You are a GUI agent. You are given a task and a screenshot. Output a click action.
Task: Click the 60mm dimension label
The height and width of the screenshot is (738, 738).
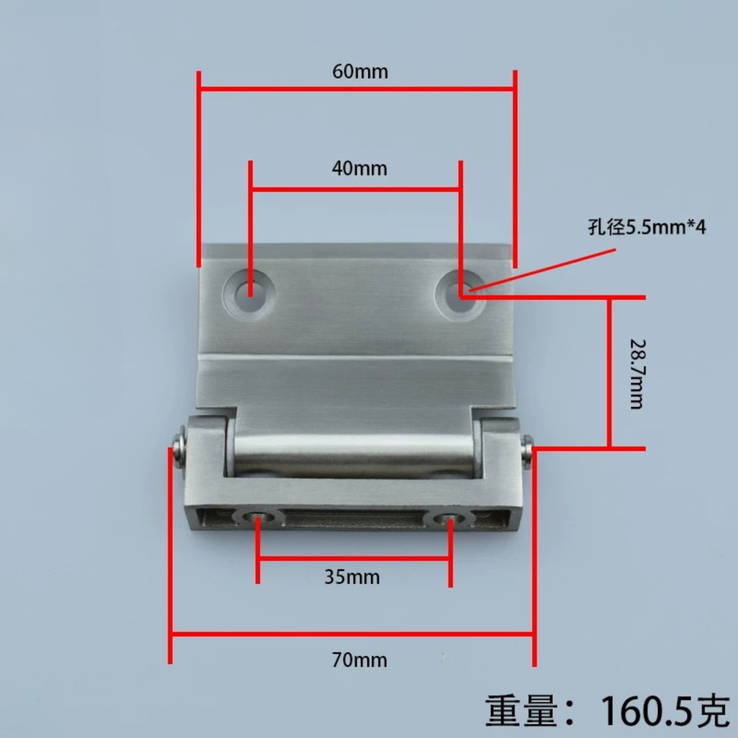(360, 72)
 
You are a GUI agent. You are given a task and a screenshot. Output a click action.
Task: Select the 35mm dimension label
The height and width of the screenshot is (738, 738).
(352, 577)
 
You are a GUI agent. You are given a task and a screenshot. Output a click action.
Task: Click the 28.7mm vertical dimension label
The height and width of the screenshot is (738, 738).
(636, 373)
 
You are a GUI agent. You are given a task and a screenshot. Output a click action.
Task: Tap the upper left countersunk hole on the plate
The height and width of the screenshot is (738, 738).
(249, 296)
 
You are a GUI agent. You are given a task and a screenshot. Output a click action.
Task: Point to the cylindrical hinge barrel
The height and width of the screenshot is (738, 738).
(353, 454)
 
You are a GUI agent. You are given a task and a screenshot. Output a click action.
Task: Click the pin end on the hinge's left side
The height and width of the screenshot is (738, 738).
(179, 446)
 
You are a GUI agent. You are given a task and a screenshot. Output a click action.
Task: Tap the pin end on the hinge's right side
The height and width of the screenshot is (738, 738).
(527, 450)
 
